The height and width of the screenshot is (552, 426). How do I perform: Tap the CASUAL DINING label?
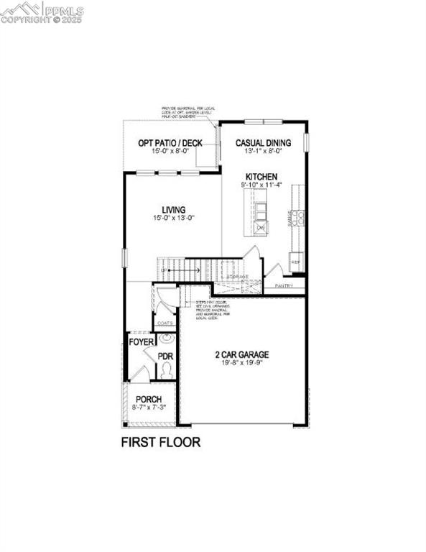263,143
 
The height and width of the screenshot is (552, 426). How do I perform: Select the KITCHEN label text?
261,176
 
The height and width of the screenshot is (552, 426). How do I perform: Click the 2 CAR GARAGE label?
241,354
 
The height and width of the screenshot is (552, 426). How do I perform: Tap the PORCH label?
149,399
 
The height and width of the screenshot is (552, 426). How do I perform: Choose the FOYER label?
141,342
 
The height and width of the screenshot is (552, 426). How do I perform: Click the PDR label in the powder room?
165,356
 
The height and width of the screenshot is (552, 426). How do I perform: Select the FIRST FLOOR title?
160,442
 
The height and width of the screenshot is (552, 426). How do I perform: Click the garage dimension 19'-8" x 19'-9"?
241,364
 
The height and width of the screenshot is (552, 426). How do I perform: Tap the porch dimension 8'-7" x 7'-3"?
149,408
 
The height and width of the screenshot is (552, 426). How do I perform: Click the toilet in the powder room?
167,370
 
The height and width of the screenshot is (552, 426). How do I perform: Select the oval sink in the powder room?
166,338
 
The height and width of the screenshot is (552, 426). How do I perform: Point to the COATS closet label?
165,323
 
